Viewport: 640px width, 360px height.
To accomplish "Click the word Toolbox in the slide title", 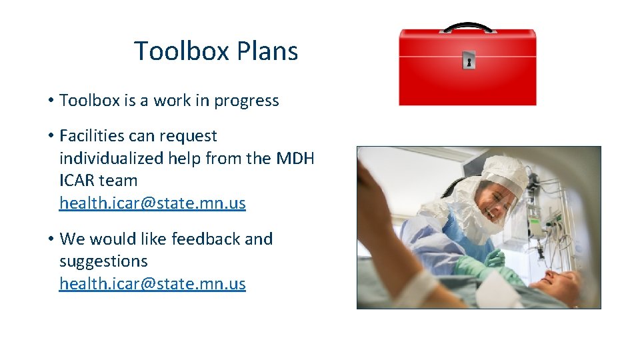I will pyautogui.click(x=175, y=51).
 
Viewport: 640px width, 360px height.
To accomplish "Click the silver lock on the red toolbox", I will pyautogui.click(x=468, y=62).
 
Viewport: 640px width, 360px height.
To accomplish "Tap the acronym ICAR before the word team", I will pyautogui.click(x=77, y=181).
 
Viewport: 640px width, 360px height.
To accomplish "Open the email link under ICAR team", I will pyautogui.click(x=153, y=203).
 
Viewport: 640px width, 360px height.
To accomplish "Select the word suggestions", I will pyautogui.click(x=103, y=261).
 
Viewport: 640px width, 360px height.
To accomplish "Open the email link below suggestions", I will pyautogui.click(x=153, y=284).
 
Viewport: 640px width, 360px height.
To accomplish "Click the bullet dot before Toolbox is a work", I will pyautogui.click(x=50, y=101).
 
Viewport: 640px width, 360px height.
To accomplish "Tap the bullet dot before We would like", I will pyautogui.click(x=50, y=239).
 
